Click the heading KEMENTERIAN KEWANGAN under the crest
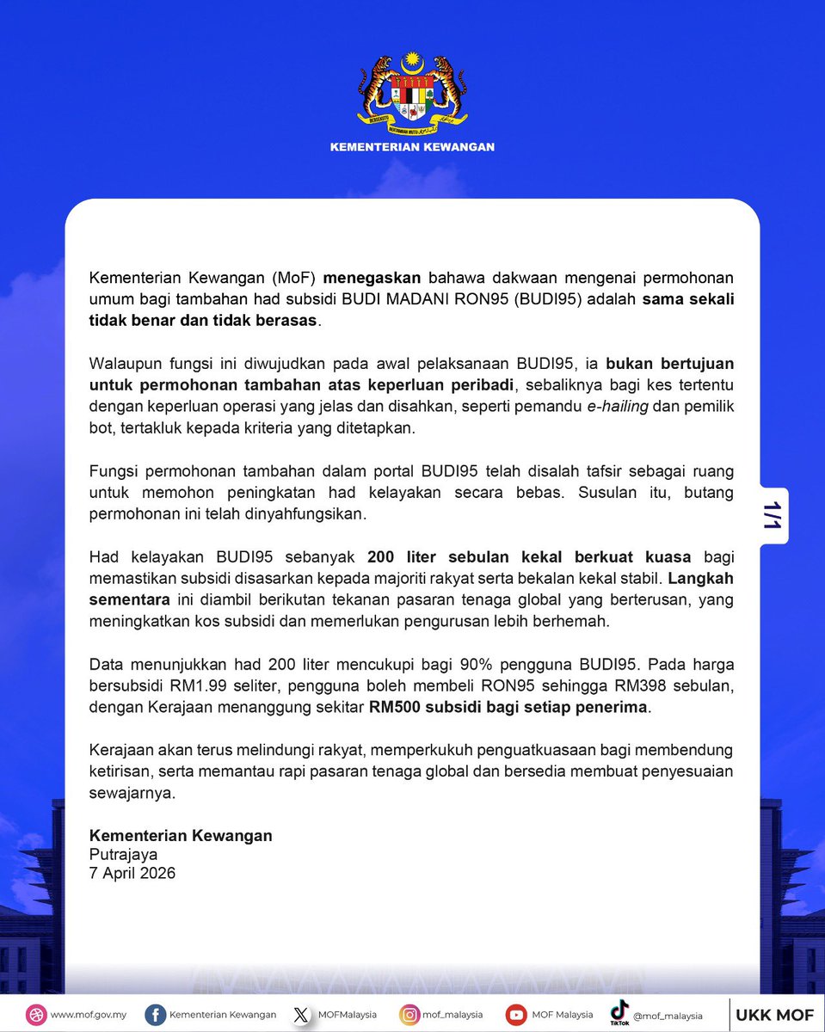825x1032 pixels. pyautogui.click(x=412, y=147)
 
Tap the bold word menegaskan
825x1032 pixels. pyautogui.click(x=372, y=279)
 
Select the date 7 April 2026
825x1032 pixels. pyautogui.click(x=132, y=873)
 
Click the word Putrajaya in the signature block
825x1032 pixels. pyautogui.click(x=124, y=854)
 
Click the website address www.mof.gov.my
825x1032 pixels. pyautogui.click(x=88, y=1015)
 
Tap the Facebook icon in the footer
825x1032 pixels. pyautogui.click(x=156, y=1015)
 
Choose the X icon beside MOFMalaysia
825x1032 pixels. pyautogui.click(x=300, y=1015)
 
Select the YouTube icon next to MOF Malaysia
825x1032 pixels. pyautogui.click(x=516, y=1015)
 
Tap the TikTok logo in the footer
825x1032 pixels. pyautogui.click(x=619, y=1011)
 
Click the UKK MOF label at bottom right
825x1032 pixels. pyautogui.click(x=774, y=1015)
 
